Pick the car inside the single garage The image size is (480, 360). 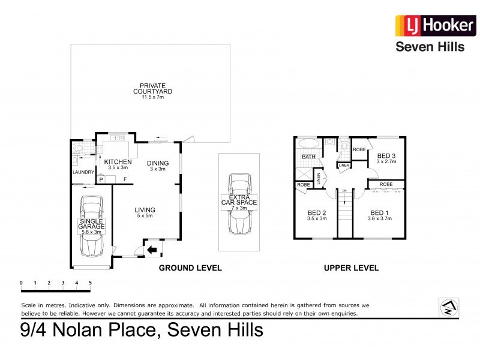coord(92,229)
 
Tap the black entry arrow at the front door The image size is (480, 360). coord(152,248)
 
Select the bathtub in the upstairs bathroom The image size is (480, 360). coord(307,145)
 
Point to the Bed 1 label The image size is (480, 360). coord(379,213)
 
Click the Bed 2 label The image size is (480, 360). coord(317,213)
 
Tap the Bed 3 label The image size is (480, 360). coord(386,156)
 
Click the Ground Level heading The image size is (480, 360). coord(190,268)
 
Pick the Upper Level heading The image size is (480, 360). coord(351,268)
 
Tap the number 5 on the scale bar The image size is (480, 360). coord(91,282)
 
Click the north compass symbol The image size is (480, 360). coord(449,307)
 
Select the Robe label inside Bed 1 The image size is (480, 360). coord(386,184)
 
